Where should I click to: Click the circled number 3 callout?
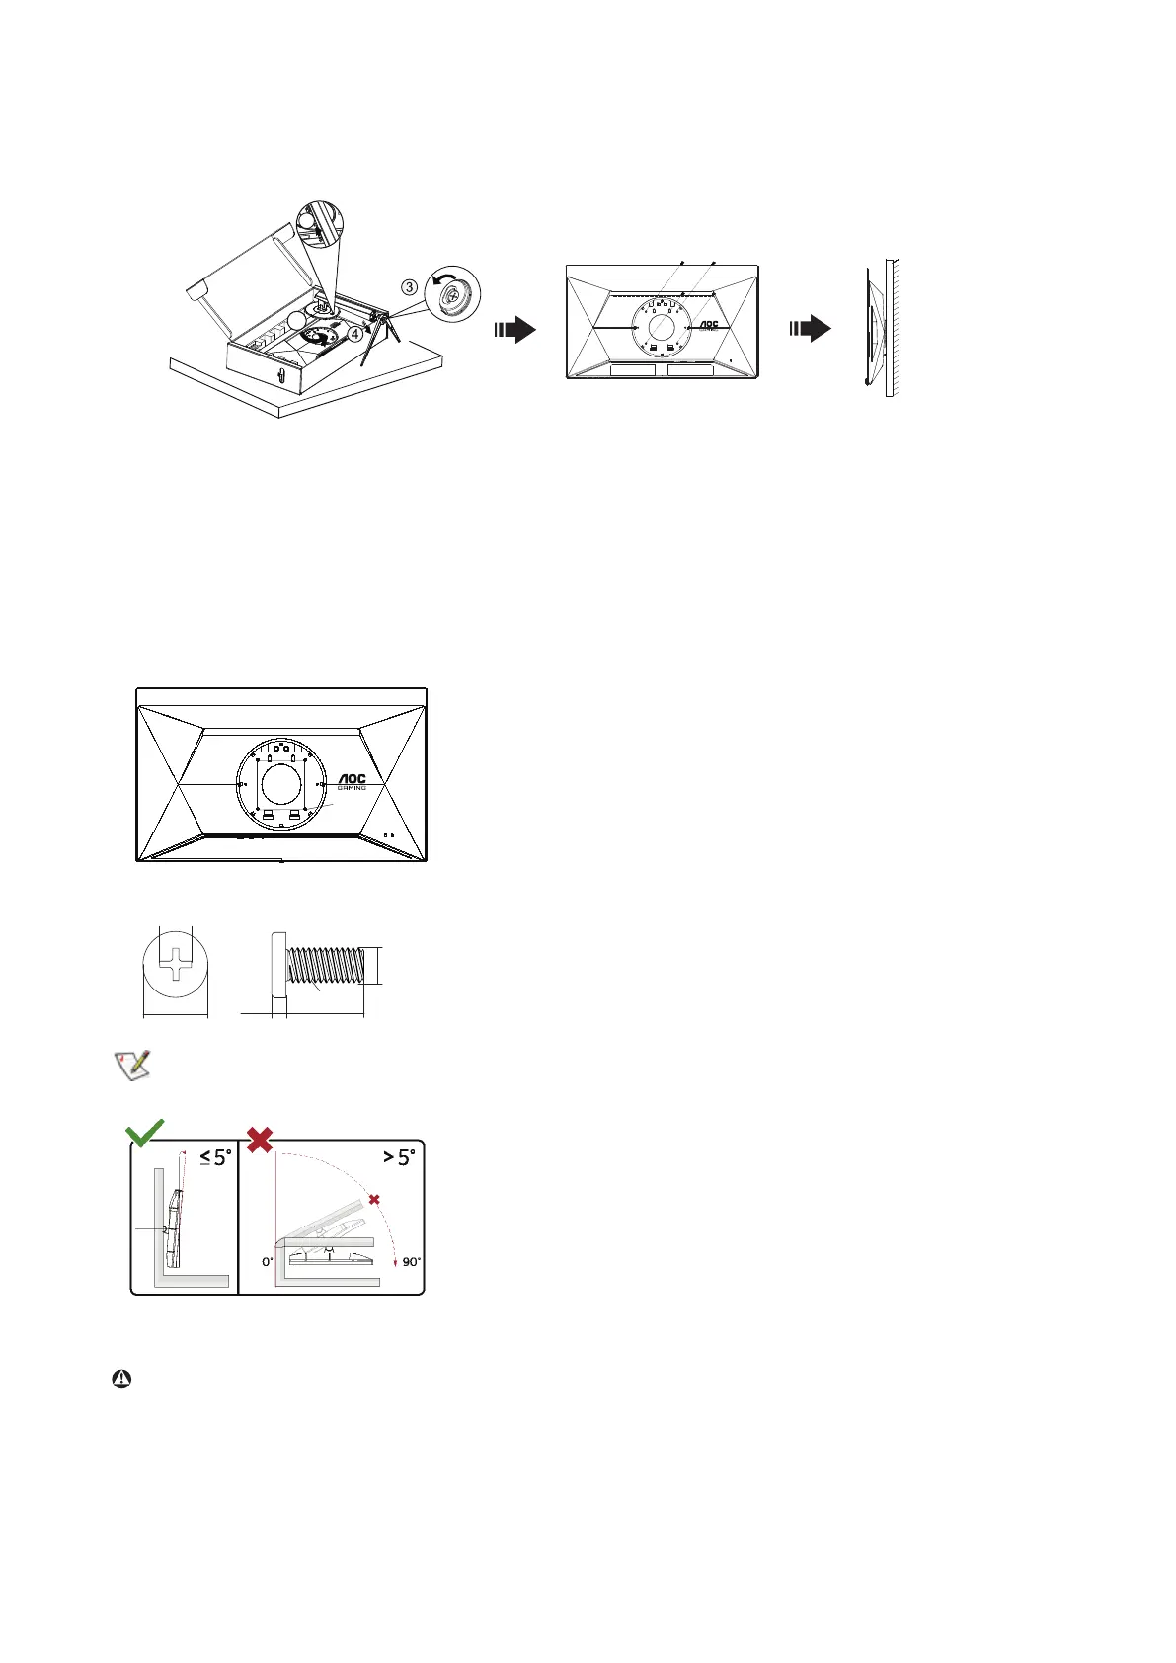click(x=409, y=287)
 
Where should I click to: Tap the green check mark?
click(x=145, y=1133)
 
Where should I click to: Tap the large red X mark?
click(x=260, y=1141)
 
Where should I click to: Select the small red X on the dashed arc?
click(x=374, y=1199)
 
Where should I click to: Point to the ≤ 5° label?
click(x=214, y=1156)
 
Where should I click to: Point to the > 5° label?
click(x=399, y=1156)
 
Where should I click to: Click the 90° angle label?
click(x=411, y=1262)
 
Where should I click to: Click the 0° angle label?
click(x=267, y=1262)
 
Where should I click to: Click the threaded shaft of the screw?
click(x=326, y=965)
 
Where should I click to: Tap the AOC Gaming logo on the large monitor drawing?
click(x=352, y=781)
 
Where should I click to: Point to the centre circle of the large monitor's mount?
click(x=281, y=785)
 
